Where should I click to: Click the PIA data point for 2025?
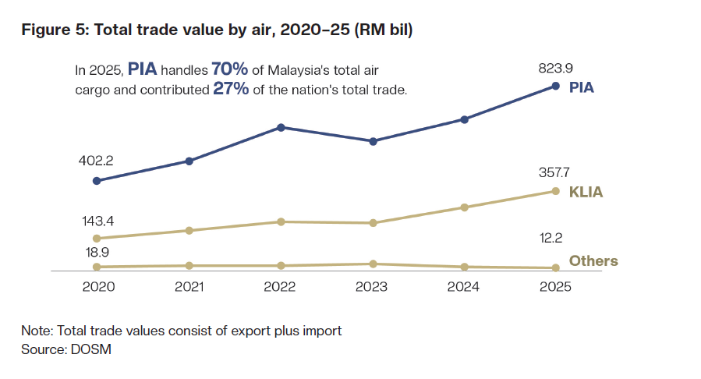556,86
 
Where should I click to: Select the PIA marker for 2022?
281,127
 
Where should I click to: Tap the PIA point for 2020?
97,181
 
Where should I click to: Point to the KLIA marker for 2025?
556,191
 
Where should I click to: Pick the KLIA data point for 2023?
373,223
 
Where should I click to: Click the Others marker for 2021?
189,266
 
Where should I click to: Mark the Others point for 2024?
464,267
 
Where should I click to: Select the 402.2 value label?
97,161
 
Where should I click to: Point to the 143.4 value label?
97,221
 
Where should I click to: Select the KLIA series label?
586,192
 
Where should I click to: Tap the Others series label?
593,260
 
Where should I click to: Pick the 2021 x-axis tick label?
189,286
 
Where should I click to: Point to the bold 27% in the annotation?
231,89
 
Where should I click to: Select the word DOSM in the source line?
93,349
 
